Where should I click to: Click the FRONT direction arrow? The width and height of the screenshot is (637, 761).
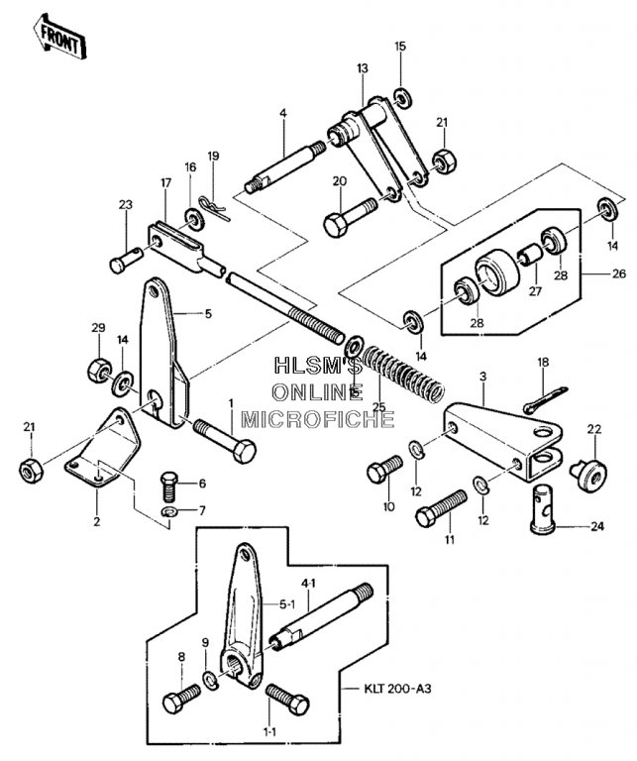(59, 38)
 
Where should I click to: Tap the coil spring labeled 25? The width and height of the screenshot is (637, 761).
(403, 373)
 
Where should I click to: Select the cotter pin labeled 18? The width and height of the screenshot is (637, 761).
(545, 398)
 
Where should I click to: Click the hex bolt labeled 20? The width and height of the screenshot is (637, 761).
(350, 217)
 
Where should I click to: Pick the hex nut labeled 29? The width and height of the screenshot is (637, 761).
(99, 371)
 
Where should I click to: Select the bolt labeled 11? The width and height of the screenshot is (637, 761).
(441, 508)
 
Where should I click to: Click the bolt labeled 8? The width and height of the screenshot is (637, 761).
(181, 698)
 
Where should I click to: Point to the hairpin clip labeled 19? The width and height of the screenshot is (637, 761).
(214, 208)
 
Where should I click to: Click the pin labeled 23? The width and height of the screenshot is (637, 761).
(127, 260)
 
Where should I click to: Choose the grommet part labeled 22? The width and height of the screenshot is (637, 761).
(588, 472)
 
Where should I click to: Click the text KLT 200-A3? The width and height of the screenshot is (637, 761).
(397, 689)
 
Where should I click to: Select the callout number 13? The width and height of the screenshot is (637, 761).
(362, 68)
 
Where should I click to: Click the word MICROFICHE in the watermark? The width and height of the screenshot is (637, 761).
(317, 419)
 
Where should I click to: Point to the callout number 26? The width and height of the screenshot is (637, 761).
(618, 273)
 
